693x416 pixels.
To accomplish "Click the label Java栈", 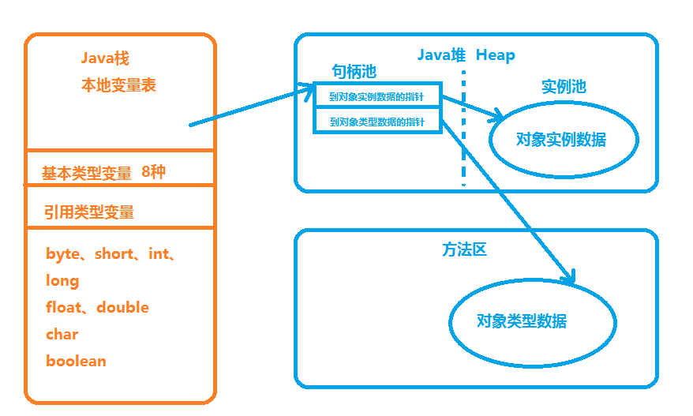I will click(x=104, y=58).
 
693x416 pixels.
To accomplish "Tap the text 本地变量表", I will click(x=118, y=85).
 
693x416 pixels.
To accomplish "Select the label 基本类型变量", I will click(x=87, y=174).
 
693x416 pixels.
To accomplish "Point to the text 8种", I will click(x=153, y=172).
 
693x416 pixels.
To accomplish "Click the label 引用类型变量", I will click(x=89, y=212).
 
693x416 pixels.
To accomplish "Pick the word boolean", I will click(x=76, y=361).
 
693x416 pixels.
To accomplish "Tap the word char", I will click(x=62, y=334).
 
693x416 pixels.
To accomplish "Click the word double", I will click(x=122, y=307).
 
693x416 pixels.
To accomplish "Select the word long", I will click(x=62, y=280).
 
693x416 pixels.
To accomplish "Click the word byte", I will click(x=63, y=254).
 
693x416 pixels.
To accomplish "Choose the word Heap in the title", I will click(x=495, y=55).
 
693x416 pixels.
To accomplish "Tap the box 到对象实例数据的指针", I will click(x=377, y=98).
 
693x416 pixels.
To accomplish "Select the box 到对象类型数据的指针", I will click(x=377, y=122).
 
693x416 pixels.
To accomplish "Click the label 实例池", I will click(x=564, y=87).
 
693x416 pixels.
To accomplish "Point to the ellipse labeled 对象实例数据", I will click(x=564, y=140).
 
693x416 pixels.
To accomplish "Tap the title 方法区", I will click(x=464, y=250).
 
